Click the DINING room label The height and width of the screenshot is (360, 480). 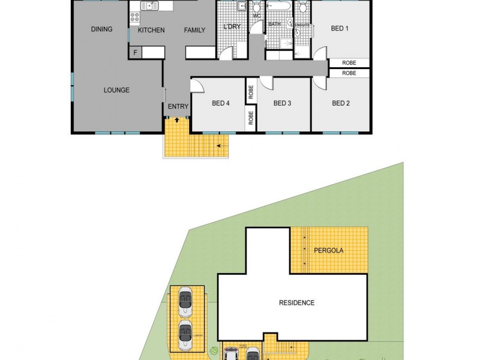(x=101, y=29)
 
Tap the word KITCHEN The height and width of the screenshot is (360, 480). (x=151, y=30)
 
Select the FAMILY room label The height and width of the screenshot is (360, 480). (x=194, y=30)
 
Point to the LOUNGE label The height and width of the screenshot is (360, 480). (x=116, y=91)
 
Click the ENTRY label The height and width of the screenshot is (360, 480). (x=178, y=107)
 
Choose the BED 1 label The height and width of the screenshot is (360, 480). (x=340, y=28)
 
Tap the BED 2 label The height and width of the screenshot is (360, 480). (x=340, y=103)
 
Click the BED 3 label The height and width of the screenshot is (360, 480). (x=282, y=103)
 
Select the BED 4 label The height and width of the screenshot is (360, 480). (x=221, y=103)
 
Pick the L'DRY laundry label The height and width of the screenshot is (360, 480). (x=231, y=27)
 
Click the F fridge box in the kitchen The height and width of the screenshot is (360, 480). (x=135, y=53)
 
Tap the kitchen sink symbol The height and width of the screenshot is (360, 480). (x=149, y=7)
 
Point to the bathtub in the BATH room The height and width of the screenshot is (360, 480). (x=279, y=7)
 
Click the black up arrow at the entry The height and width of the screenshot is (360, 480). (x=176, y=120)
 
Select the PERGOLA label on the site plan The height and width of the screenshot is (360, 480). (x=329, y=250)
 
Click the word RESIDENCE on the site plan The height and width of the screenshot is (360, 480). (x=296, y=303)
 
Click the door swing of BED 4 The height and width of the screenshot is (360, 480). (x=197, y=86)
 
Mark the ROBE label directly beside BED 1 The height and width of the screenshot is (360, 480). (x=349, y=62)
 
